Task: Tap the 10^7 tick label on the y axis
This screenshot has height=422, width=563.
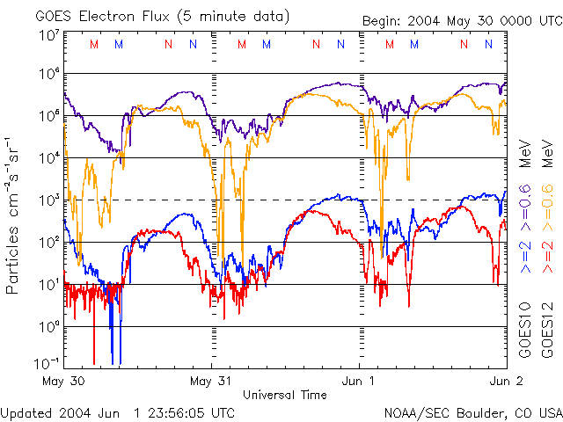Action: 48,34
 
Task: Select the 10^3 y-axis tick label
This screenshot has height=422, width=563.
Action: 48,200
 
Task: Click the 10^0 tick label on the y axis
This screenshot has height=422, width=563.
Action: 48,326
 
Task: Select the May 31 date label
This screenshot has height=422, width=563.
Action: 212,381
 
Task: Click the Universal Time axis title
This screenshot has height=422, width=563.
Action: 284,395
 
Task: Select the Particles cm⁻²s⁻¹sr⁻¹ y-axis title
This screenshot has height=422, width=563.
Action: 15,215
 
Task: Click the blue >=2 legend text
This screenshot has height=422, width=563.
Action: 525,254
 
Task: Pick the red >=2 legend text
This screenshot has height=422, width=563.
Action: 546,254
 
